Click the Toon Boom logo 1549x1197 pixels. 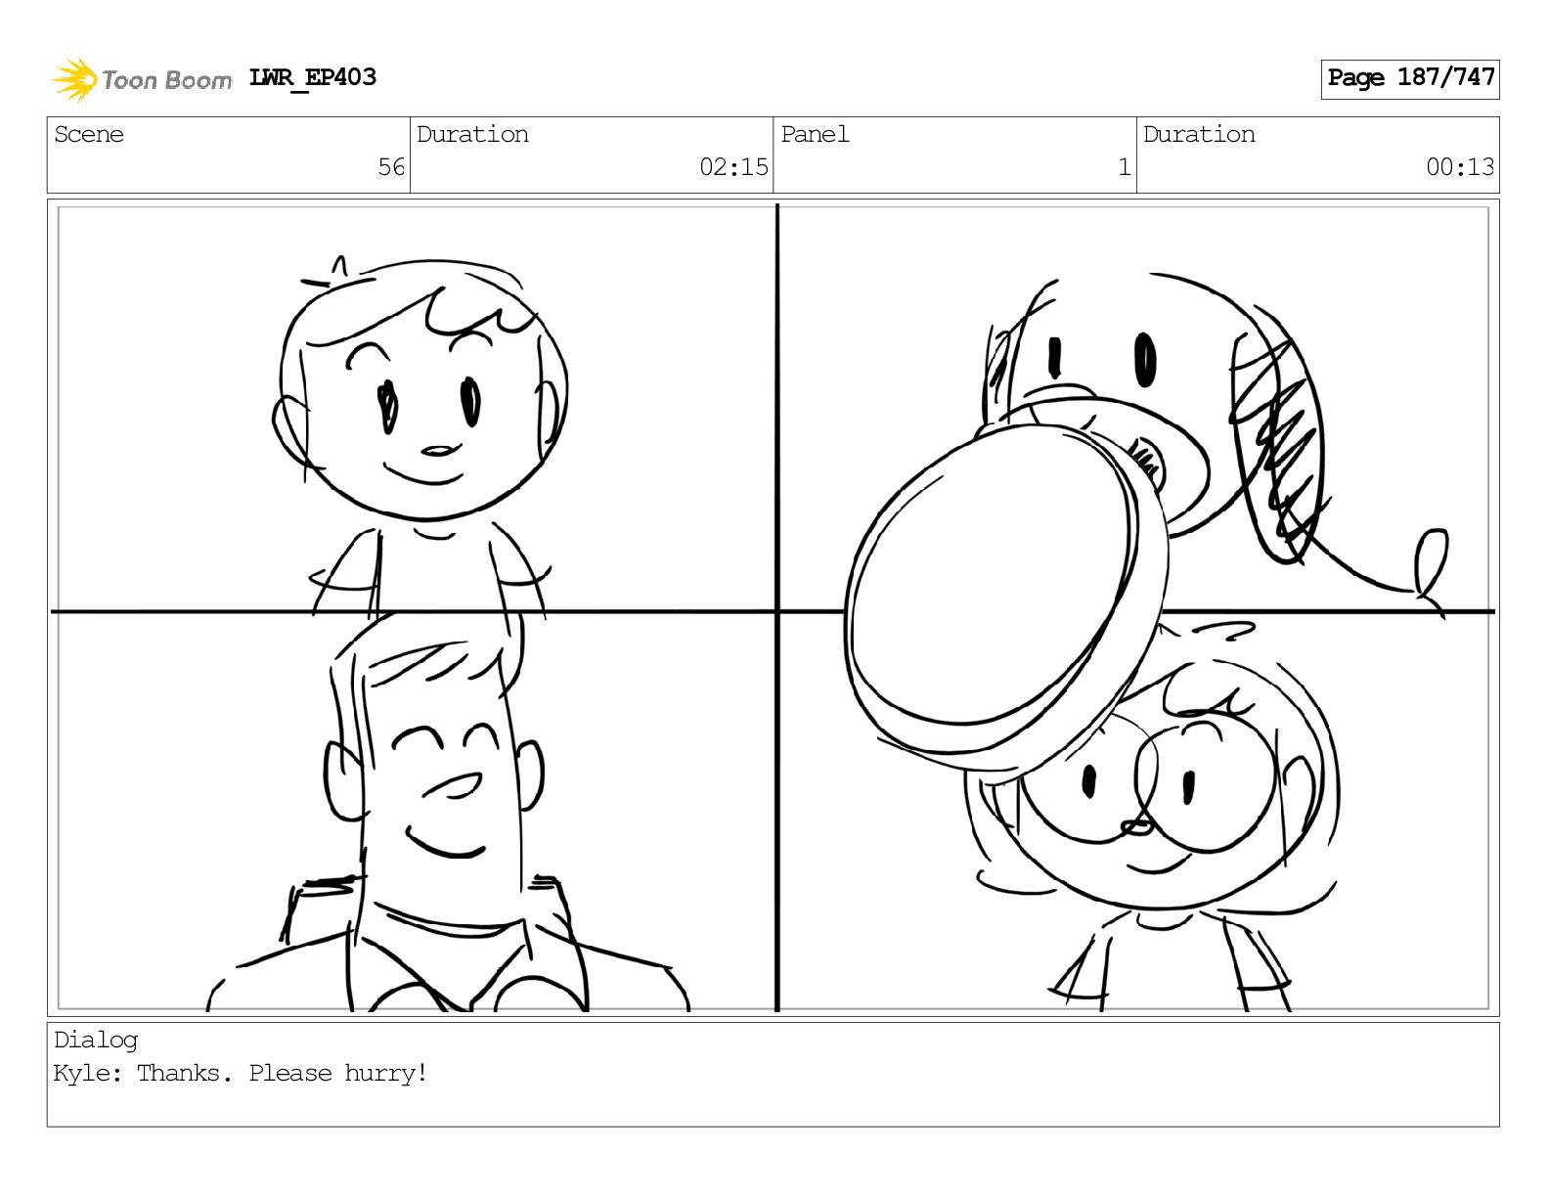tap(142, 79)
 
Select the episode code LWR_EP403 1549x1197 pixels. tap(313, 77)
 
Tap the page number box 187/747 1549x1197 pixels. tap(1410, 79)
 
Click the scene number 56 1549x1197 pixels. tap(391, 167)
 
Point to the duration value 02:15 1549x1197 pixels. tap(733, 167)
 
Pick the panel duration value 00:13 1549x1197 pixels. tap(1460, 167)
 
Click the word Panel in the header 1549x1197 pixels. tap(815, 134)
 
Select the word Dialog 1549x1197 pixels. tap(96, 1042)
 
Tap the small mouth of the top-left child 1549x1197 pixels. tap(437, 451)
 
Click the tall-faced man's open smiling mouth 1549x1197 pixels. tap(454, 785)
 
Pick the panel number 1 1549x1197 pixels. tap(1125, 167)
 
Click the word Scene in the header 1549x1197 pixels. tap(89, 134)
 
